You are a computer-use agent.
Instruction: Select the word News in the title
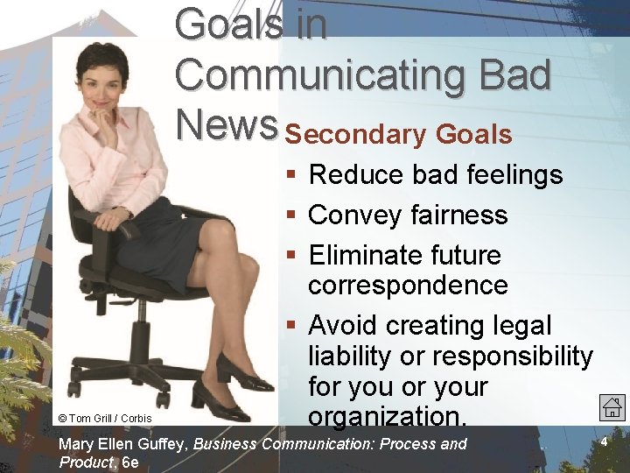(x=226, y=125)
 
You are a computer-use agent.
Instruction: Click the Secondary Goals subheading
(x=398, y=135)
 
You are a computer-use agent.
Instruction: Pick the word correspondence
(x=408, y=285)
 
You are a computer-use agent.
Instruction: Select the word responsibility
(x=513, y=357)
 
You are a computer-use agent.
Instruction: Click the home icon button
(x=612, y=406)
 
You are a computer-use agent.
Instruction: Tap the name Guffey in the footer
(x=161, y=444)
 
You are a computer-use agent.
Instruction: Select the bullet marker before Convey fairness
(x=292, y=215)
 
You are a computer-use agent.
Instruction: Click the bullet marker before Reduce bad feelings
(x=292, y=175)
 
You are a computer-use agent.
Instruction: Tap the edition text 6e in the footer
(x=130, y=462)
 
